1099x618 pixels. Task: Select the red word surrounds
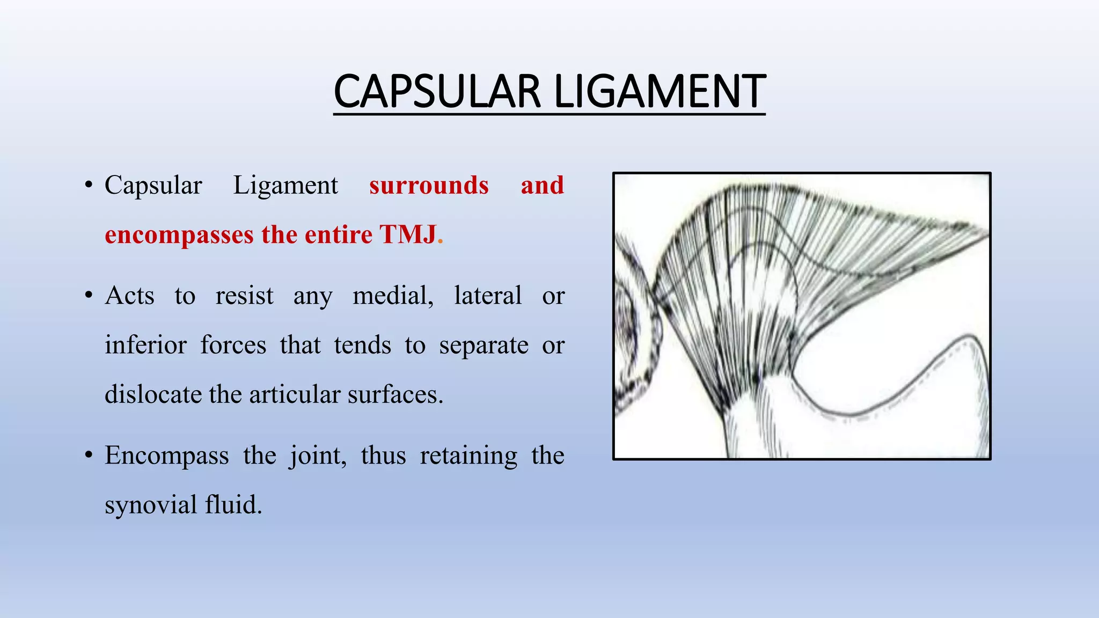point(429,185)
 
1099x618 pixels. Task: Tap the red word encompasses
point(179,235)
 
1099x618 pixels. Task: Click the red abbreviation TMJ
point(408,234)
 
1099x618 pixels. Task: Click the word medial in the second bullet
point(393,296)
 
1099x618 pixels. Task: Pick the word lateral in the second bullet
point(487,296)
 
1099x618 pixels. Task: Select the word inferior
point(145,345)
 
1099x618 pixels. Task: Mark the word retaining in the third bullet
point(468,456)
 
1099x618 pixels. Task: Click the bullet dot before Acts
point(89,296)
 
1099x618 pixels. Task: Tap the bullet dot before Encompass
point(89,456)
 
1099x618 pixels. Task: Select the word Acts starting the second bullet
point(129,296)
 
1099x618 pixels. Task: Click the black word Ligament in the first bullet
point(285,186)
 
